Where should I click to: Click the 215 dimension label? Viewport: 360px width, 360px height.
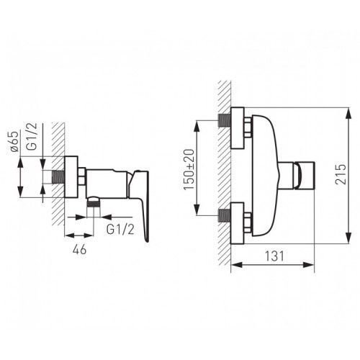click(x=341, y=174)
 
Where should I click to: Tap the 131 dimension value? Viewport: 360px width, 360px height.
click(x=274, y=256)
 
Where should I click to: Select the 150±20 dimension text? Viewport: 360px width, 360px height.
click(x=189, y=170)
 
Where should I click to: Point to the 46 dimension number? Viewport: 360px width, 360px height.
click(x=79, y=250)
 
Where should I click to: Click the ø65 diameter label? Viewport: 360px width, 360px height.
click(x=14, y=141)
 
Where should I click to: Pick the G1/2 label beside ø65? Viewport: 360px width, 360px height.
click(x=32, y=137)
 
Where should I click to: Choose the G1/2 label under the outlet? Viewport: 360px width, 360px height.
click(x=120, y=230)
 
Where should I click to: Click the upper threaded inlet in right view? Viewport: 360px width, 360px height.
click(x=225, y=120)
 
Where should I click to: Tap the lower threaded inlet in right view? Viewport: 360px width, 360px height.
click(x=225, y=215)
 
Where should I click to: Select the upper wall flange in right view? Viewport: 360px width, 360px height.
click(x=238, y=128)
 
